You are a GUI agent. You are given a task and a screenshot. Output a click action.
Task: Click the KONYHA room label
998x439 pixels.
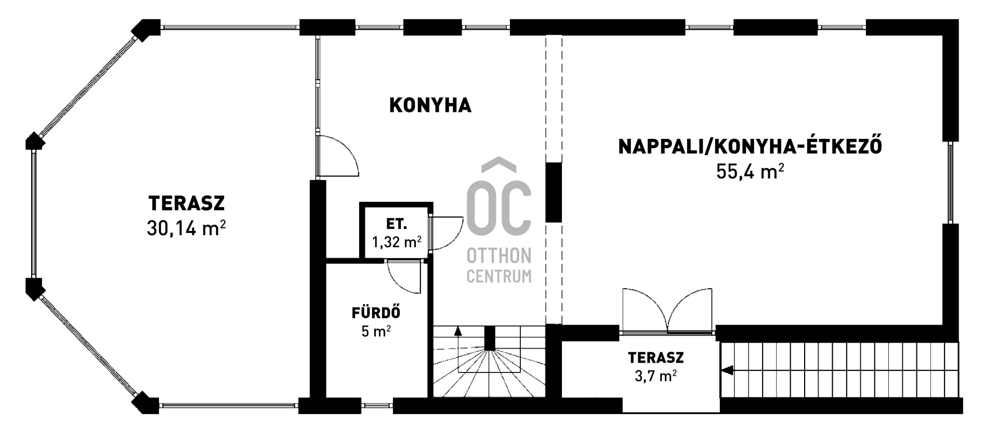(430, 105)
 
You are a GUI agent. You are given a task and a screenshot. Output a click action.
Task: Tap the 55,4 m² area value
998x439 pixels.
(750, 171)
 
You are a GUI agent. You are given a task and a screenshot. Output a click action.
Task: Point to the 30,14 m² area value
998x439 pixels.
(186, 228)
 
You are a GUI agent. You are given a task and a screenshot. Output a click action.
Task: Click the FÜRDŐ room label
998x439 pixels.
(376, 313)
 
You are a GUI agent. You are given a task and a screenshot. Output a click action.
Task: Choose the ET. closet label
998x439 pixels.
(397, 224)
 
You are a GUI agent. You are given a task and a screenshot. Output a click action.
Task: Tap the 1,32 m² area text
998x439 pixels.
(397, 242)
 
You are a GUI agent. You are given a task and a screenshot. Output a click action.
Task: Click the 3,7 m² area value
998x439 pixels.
(655, 375)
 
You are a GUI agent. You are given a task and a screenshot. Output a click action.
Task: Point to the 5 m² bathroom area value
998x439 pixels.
(376, 331)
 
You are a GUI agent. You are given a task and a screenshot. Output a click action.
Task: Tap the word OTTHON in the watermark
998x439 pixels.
(499, 255)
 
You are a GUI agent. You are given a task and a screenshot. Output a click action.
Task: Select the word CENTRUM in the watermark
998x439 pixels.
(499, 276)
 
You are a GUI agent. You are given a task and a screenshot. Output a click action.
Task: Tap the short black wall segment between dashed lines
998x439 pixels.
(554, 192)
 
